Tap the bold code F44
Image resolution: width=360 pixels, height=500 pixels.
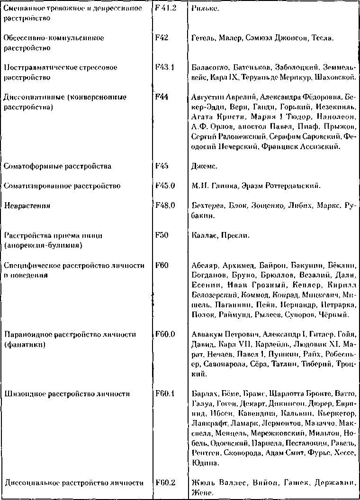162,97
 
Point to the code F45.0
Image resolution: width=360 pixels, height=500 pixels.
165,186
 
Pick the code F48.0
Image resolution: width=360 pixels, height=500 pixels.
165,206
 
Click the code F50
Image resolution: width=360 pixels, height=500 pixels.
162,235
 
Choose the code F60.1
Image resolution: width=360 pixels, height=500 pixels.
165,393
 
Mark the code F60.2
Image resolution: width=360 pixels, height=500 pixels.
165,482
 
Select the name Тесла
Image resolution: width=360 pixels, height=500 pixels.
323,38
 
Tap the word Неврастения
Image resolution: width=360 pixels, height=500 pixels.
27,206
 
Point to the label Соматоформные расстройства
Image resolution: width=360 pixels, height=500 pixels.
57,166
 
